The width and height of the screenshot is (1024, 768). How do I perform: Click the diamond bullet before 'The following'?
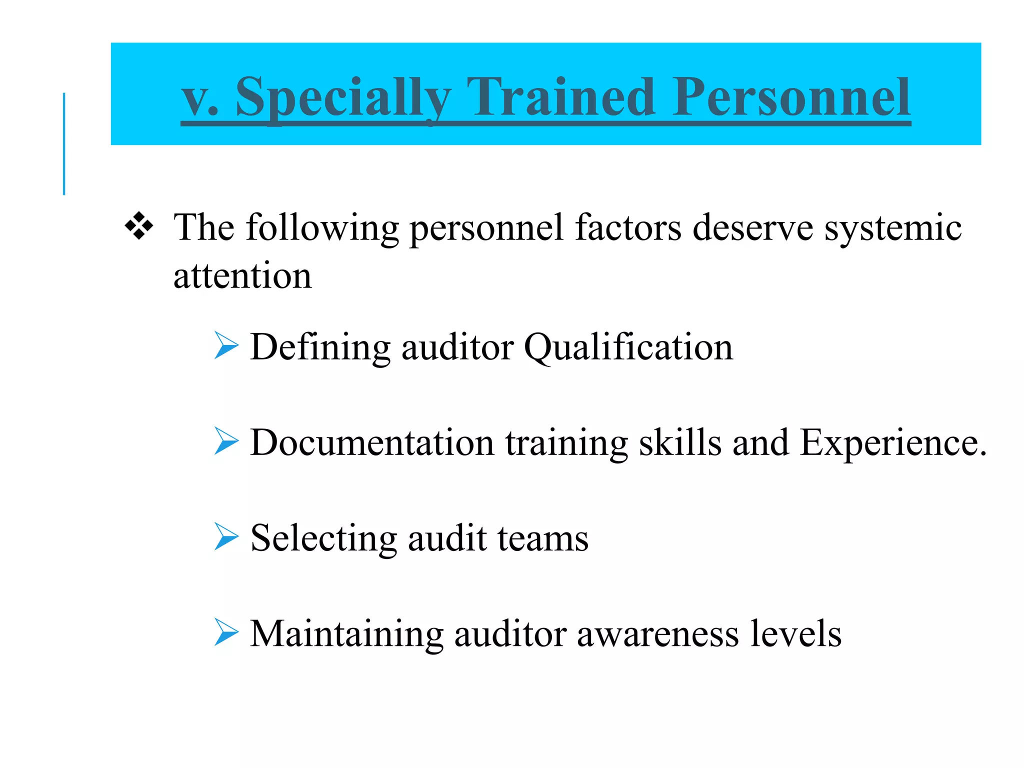(139, 226)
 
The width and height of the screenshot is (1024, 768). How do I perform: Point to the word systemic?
(892, 228)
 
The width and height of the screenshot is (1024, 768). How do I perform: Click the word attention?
(242, 276)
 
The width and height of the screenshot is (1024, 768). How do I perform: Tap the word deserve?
(752, 228)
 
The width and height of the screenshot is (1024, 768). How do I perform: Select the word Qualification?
(628, 347)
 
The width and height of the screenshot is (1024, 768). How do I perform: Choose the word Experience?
(893, 443)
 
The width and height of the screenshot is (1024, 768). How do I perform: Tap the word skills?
(680, 443)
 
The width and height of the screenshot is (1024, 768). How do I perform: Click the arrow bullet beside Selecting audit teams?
(226, 536)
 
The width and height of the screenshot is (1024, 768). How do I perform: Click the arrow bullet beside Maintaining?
(226, 632)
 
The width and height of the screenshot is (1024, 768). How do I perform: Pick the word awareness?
(657, 634)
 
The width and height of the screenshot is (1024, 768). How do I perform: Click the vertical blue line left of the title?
(64, 144)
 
